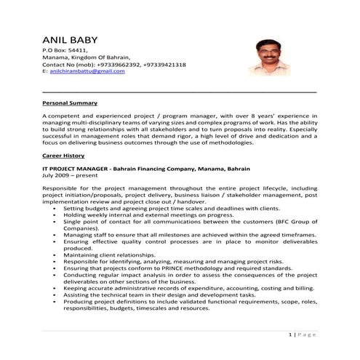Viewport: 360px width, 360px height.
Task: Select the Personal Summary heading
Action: (70, 104)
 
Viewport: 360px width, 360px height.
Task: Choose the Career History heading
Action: (64, 156)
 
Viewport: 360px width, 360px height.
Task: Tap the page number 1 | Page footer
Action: (299, 335)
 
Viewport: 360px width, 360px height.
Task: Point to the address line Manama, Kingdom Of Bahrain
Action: (87, 57)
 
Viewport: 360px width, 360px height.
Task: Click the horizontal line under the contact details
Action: (180, 92)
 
